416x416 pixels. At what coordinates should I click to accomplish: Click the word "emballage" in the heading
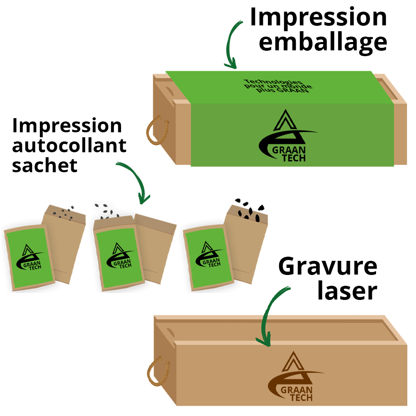click(x=323, y=42)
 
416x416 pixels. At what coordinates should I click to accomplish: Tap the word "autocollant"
click(x=69, y=146)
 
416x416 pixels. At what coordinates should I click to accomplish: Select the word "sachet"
click(x=45, y=165)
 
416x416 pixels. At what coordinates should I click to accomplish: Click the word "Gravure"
click(x=328, y=266)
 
